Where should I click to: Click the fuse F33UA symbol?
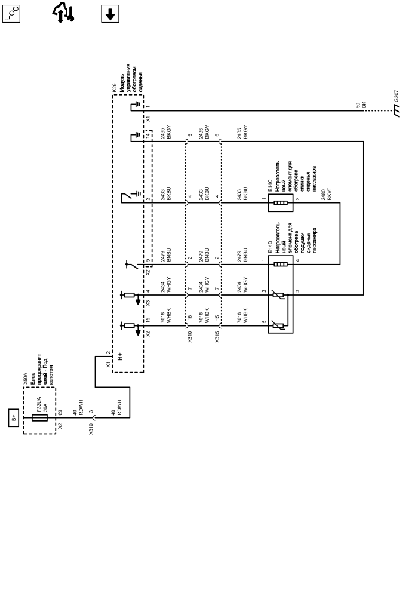[x=39, y=418]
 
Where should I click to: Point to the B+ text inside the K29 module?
[x=120, y=358]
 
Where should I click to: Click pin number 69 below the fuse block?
[x=61, y=413]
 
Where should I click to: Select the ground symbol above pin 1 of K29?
[x=134, y=107]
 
